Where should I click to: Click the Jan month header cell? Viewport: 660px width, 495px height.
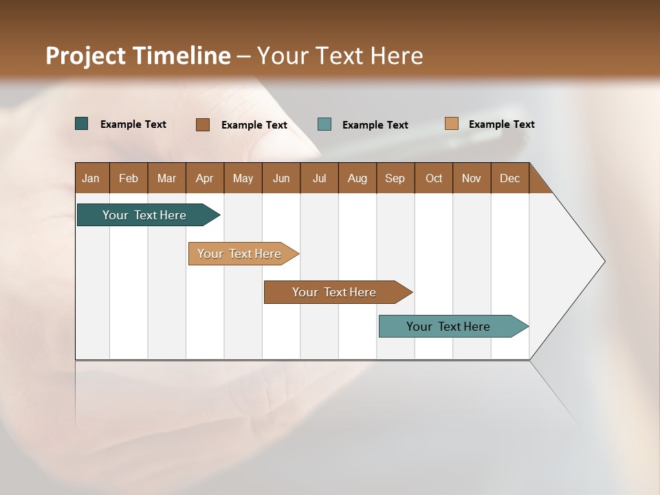[91, 178]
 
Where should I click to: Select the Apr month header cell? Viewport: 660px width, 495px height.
[204, 178]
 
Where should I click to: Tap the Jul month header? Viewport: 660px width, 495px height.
[319, 178]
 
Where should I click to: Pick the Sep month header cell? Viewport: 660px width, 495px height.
[395, 178]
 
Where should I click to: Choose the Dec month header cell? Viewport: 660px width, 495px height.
[509, 178]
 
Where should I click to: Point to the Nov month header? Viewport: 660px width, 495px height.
[471, 178]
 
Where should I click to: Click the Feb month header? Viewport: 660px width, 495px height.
[129, 178]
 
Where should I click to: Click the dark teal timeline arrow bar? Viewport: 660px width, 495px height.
[144, 215]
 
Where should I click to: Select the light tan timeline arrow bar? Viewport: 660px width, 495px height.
[239, 254]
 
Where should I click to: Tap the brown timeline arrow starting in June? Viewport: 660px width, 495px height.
[334, 292]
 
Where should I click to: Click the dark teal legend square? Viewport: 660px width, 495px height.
[82, 124]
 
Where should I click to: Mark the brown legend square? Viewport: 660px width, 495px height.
[202, 124]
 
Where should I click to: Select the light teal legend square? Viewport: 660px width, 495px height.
[324, 124]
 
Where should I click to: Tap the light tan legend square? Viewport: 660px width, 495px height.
[451, 124]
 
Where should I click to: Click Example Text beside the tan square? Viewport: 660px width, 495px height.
[501, 124]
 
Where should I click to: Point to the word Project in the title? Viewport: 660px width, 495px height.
[85, 56]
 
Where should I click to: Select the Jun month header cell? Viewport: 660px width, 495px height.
[281, 178]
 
